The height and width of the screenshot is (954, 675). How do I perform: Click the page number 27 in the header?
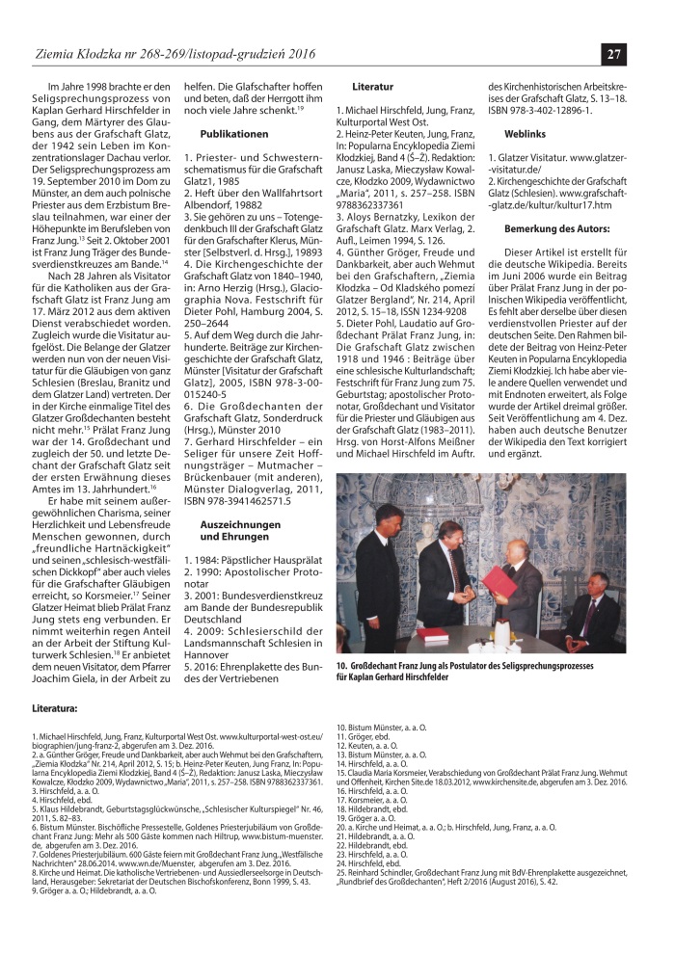point(614,53)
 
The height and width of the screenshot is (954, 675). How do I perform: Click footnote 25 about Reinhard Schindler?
point(493,897)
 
